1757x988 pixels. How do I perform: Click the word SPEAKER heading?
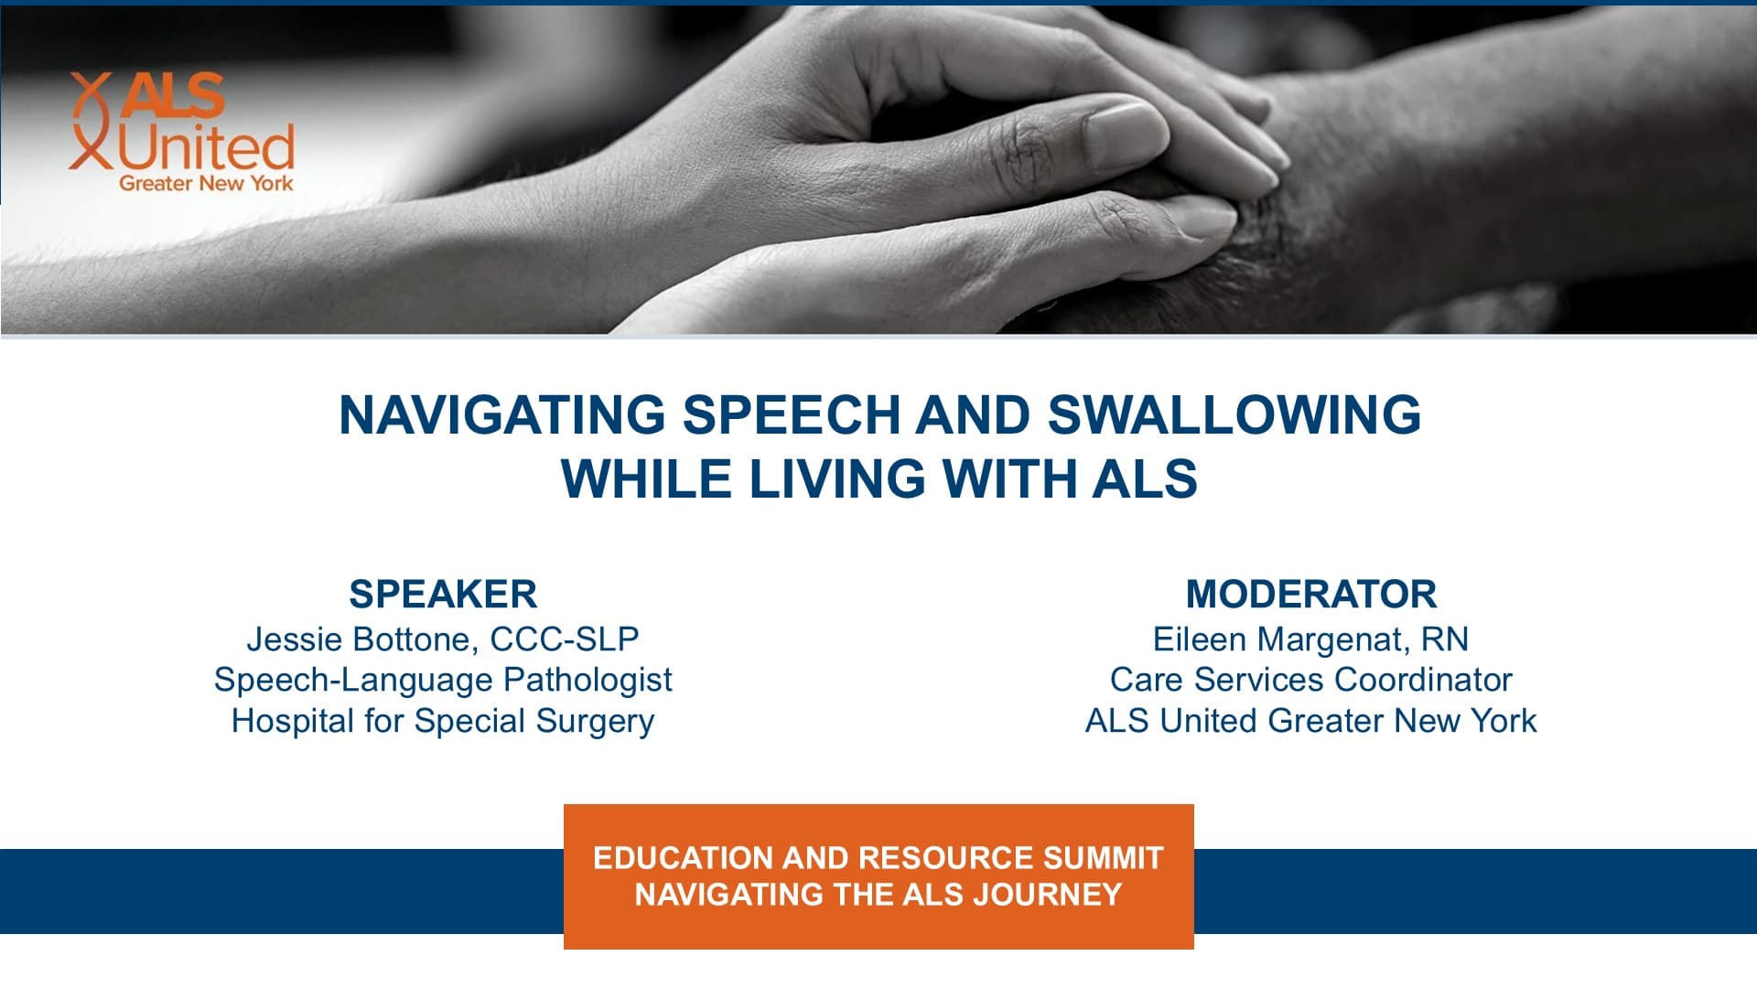coord(443,595)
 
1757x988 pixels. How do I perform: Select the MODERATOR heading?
coord(1310,595)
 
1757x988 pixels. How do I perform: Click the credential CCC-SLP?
coord(564,639)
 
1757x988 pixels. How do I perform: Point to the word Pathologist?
coord(587,681)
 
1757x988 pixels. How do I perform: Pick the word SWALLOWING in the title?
coord(1234,414)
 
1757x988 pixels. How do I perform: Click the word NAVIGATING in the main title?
coord(502,414)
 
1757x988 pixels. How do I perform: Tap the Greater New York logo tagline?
coord(206,183)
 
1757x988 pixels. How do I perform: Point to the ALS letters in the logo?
coord(172,95)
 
